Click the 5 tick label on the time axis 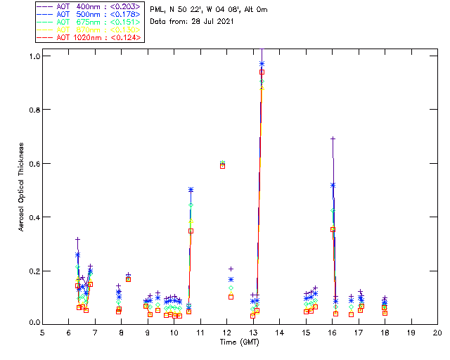(42, 333)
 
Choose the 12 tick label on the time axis (226, 333)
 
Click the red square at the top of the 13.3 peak (262, 72)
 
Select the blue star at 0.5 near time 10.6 (191, 190)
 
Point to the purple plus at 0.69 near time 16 (333, 139)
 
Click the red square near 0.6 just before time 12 (223, 166)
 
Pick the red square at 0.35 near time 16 (333, 229)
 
